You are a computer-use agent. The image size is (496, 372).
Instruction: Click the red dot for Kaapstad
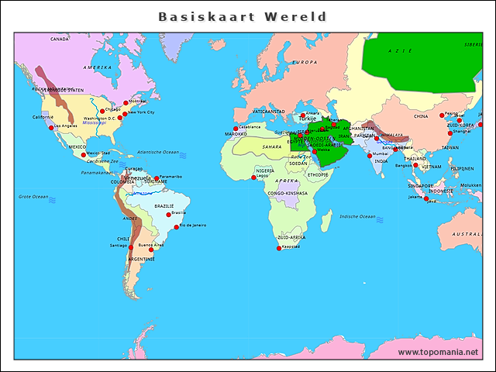(279, 248)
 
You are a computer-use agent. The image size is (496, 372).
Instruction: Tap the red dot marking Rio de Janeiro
(176, 226)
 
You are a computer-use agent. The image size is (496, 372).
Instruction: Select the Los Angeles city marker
(51, 128)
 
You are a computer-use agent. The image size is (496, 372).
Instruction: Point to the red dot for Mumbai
(370, 155)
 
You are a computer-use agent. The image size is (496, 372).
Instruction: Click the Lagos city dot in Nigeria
(253, 177)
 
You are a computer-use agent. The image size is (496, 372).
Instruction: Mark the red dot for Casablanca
(236, 129)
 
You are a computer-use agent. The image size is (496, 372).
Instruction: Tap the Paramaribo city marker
(157, 178)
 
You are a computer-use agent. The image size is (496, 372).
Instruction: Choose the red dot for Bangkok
(415, 165)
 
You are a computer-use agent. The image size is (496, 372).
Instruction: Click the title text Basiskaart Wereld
(243, 16)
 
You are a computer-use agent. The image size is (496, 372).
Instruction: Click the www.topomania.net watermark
(438, 352)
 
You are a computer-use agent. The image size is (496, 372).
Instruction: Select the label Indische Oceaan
(357, 216)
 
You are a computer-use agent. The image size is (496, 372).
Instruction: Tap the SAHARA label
(271, 146)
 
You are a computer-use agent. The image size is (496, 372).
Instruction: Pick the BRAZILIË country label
(164, 206)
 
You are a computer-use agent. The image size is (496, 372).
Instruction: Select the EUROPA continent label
(305, 62)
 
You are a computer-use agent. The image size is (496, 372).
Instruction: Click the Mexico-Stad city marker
(84, 154)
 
